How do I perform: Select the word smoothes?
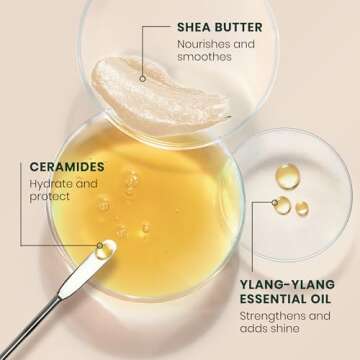206,58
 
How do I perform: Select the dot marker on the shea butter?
144,77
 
